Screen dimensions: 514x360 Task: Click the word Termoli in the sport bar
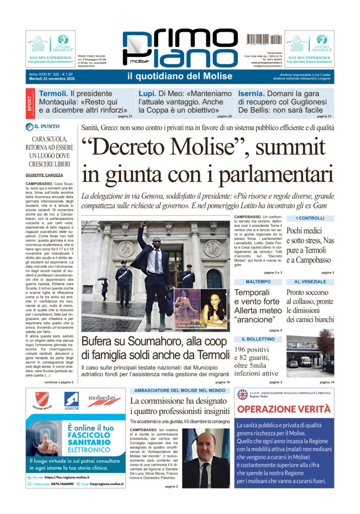point(53,94)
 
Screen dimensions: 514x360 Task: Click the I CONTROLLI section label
point(310,218)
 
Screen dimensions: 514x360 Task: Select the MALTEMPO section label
point(258,282)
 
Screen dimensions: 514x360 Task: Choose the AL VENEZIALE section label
point(309,282)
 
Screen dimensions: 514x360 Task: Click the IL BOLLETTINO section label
point(258,339)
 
